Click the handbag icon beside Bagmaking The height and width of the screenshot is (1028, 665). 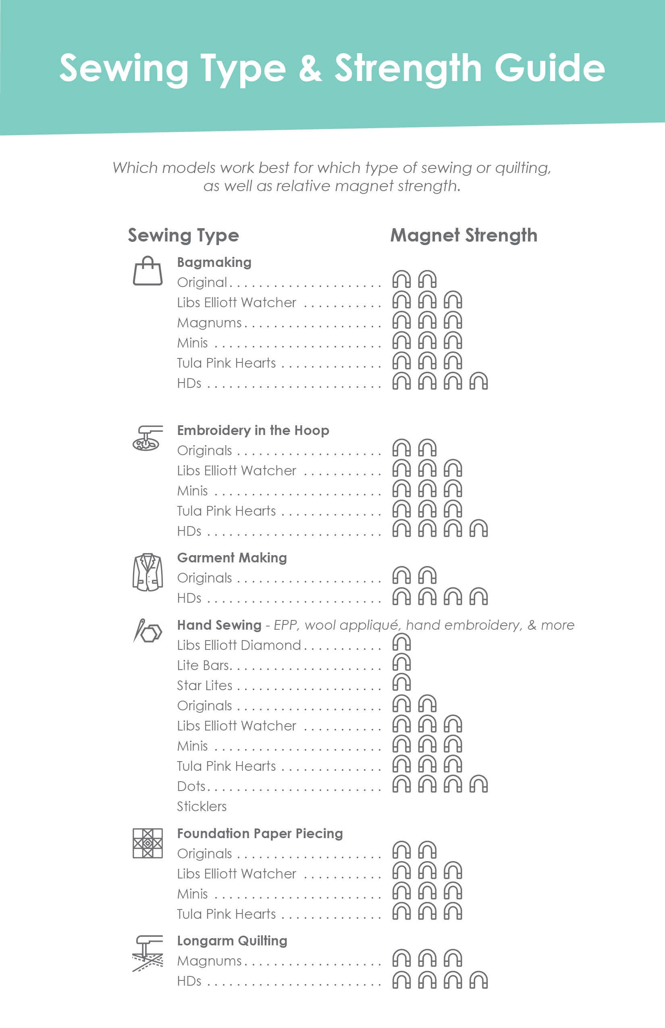tap(148, 271)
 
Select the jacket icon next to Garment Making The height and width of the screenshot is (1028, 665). tap(148, 572)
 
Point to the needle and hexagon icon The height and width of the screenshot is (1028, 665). tap(148, 631)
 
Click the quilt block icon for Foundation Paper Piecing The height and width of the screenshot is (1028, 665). tap(148, 843)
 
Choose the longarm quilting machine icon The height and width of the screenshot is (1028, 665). tap(148, 953)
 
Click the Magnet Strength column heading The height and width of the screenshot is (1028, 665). tap(464, 235)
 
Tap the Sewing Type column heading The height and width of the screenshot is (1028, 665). tap(183, 235)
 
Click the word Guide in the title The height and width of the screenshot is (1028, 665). tap(549, 68)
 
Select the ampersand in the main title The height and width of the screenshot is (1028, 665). tap(310, 68)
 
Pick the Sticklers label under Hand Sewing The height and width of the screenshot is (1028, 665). tap(202, 806)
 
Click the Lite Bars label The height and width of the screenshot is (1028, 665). tap(204, 666)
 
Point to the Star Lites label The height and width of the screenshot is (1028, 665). tap(205, 685)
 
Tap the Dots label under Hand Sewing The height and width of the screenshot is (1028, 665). tap(191, 786)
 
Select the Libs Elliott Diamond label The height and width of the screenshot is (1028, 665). tap(239, 645)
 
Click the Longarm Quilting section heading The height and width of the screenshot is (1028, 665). tap(232, 941)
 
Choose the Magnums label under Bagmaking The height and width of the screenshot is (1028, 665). tap(210, 323)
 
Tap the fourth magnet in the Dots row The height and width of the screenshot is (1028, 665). tap(478, 784)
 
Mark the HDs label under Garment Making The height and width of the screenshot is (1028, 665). tap(189, 598)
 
